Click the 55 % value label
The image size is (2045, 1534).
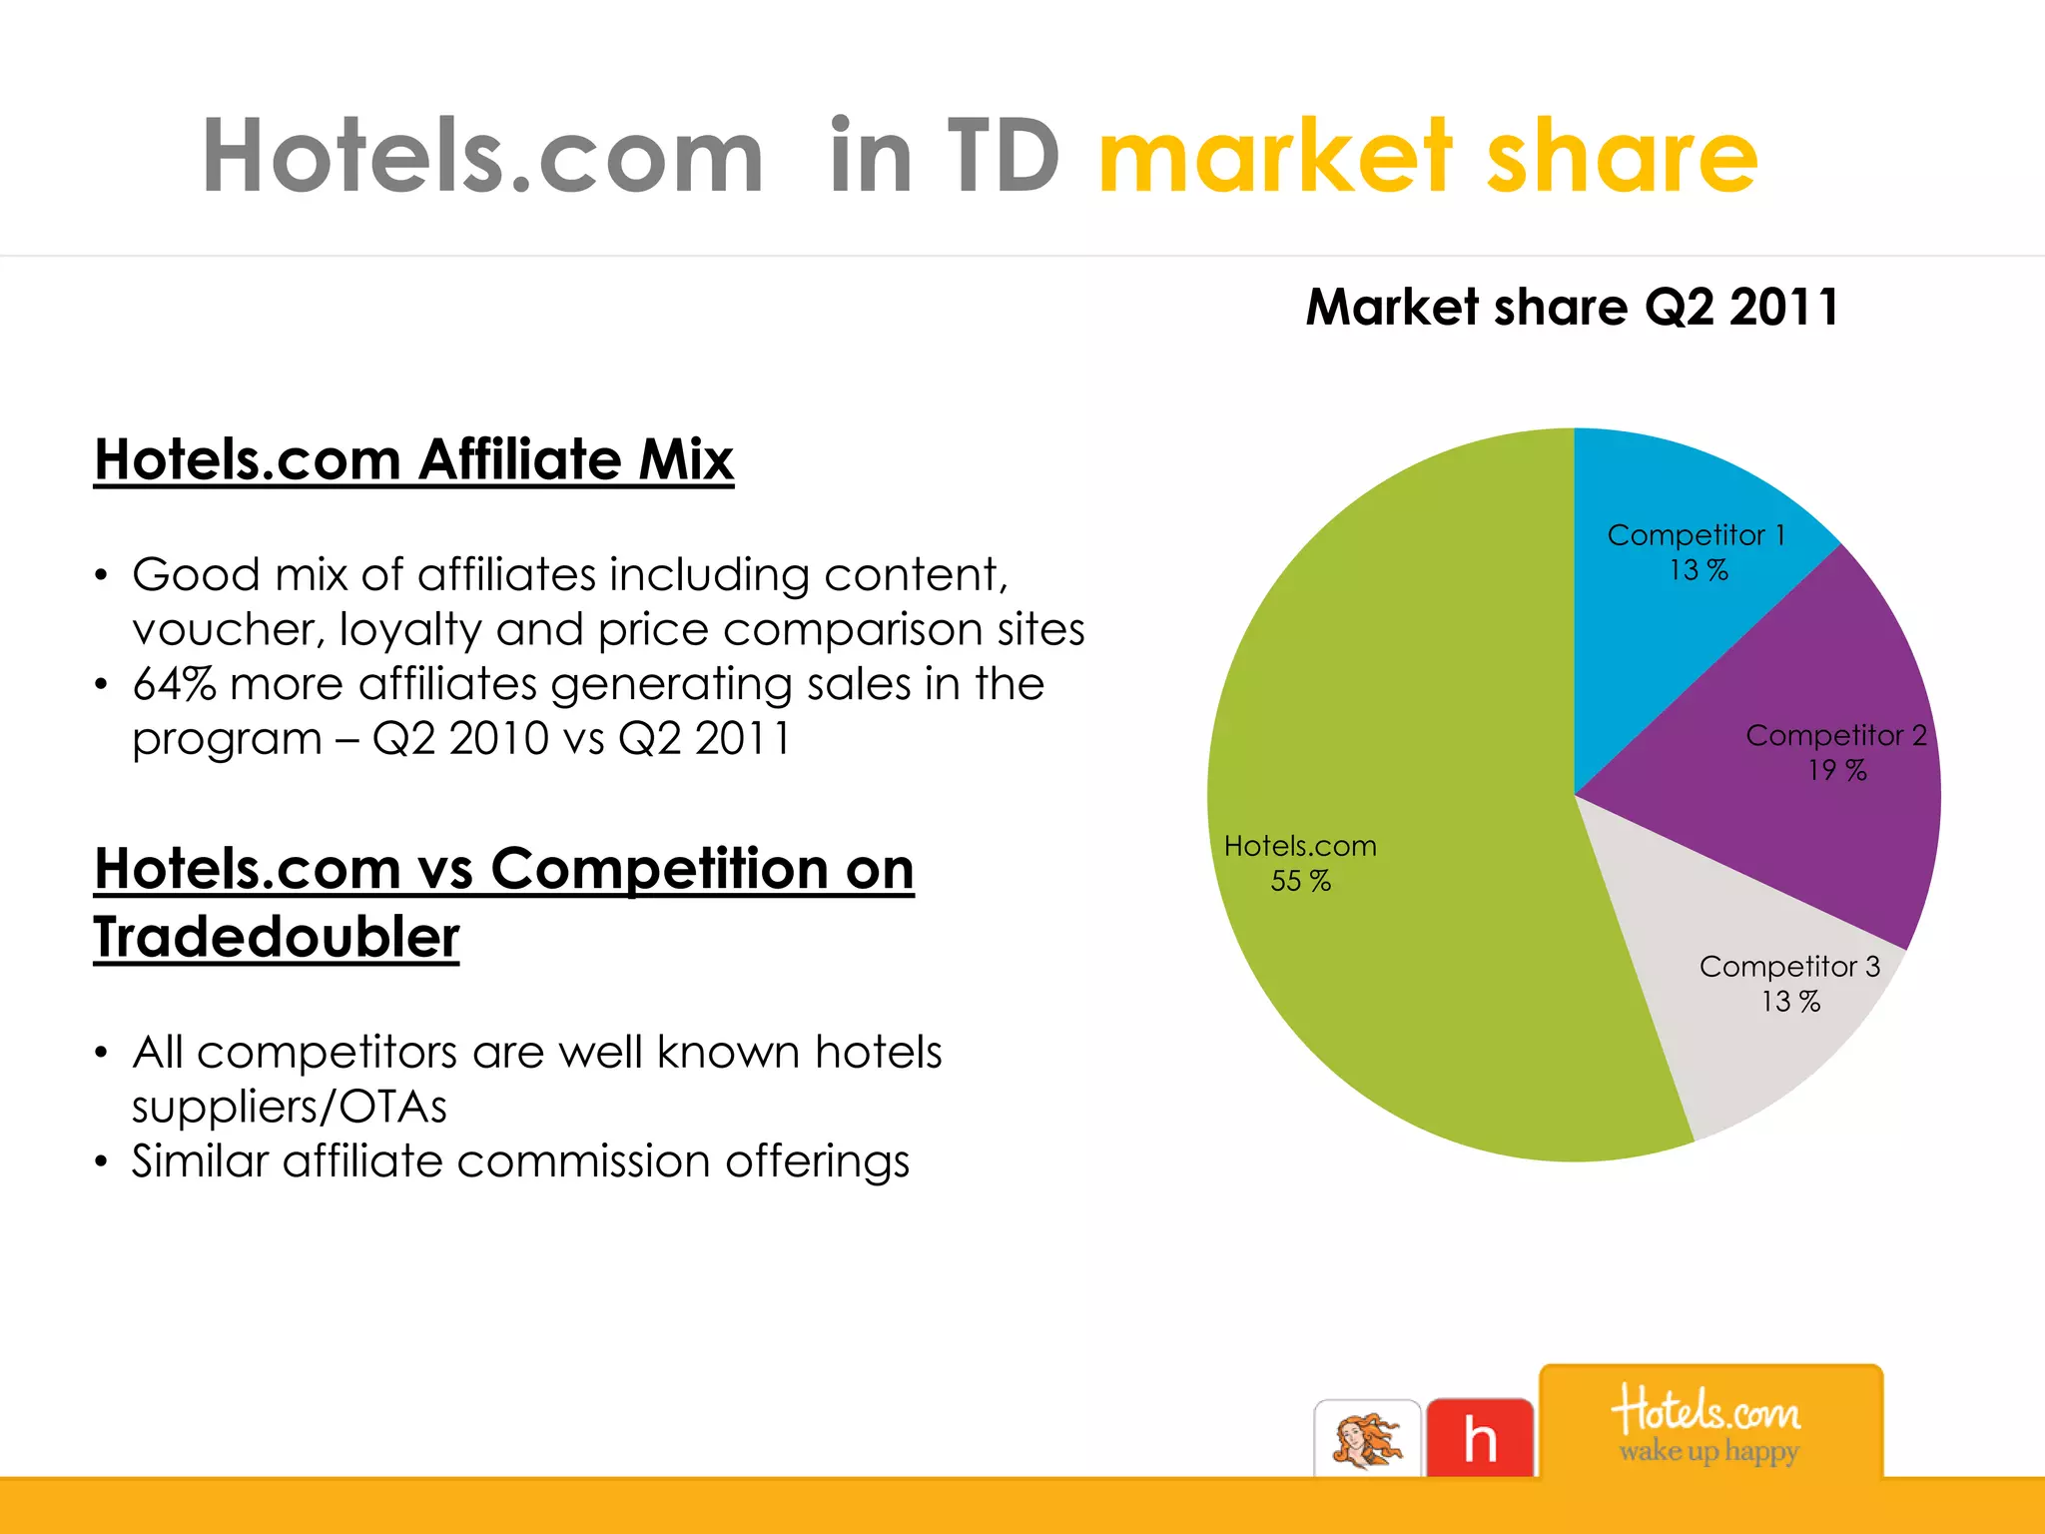[1300, 881]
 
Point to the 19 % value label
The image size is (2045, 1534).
[1836, 770]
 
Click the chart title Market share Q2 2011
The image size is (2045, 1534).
[1572, 307]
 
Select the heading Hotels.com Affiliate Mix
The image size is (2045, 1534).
[413, 459]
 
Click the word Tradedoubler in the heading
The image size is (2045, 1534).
[277, 937]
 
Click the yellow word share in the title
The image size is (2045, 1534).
[1622, 157]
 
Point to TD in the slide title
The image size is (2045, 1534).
[1003, 157]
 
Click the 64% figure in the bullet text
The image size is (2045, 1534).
[174, 684]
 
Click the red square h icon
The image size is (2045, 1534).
[1480, 1438]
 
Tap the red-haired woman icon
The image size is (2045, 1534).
[1367, 1440]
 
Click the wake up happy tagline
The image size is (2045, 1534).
[1709, 1451]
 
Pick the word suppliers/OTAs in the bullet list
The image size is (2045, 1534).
[290, 1107]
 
